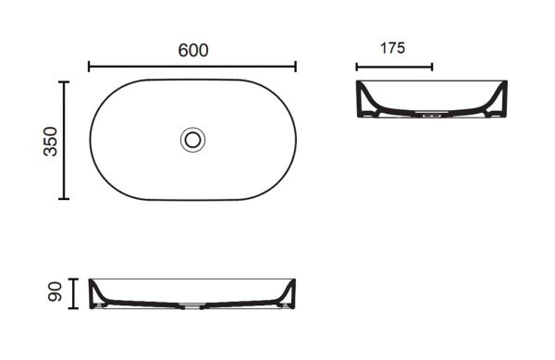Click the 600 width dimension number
(x=193, y=50)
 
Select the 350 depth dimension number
(x=50, y=142)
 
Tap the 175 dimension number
(x=392, y=48)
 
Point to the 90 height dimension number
(x=55, y=292)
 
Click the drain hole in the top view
(x=192, y=140)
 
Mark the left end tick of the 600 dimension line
(x=89, y=67)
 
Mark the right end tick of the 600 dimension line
(x=296, y=67)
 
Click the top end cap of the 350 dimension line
(x=64, y=82)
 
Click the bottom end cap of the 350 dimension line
(x=64, y=199)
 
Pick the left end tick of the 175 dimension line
(x=357, y=67)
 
